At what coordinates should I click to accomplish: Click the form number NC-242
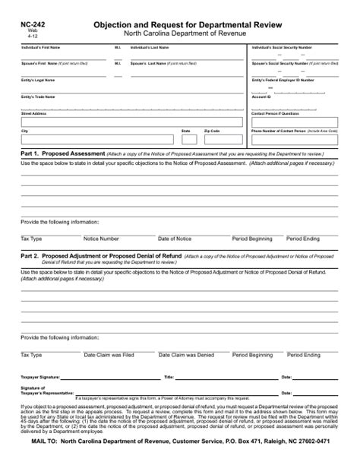pyautogui.click(x=33, y=25)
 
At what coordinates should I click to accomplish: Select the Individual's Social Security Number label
pyautogui.click(x=281, y=47)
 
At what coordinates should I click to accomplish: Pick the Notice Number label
pyautogui.click(x=101, y=239)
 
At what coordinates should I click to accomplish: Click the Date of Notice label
pyautogui.click(x=175, y=239)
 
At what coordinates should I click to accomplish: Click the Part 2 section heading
pyautogui.click(x=101, y=257)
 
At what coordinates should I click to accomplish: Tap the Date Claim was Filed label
pyautogui.click(x=109, y=355)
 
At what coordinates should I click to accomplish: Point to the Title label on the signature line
pyautogui.click(x=169, y=377)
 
